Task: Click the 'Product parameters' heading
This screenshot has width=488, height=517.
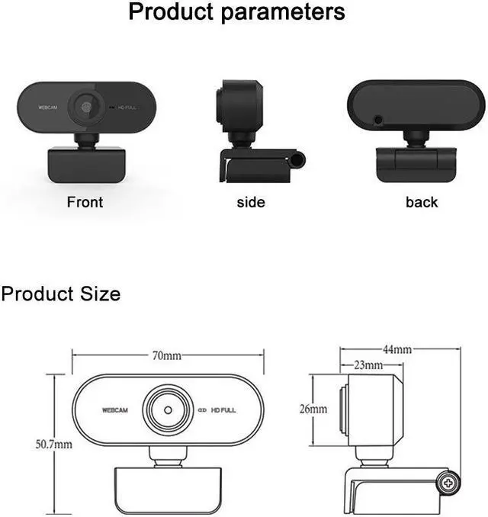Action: point(236,13)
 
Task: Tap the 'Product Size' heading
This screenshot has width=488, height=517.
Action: point(61,294)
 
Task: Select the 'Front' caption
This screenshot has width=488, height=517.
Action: point(85,202)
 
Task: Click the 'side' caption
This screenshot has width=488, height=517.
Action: point(251,202)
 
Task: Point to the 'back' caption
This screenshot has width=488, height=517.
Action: point(422,202)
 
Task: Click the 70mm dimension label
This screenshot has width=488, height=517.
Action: point(166,355)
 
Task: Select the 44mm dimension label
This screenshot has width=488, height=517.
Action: point(397,349)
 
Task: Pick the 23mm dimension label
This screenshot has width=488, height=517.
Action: point(368,365)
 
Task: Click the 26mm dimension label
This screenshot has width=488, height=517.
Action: point(313,409)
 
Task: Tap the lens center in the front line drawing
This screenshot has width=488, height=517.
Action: point(168,409)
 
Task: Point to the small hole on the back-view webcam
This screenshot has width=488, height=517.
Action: point(378,120)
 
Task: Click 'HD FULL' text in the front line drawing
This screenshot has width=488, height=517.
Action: point(223,410)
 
